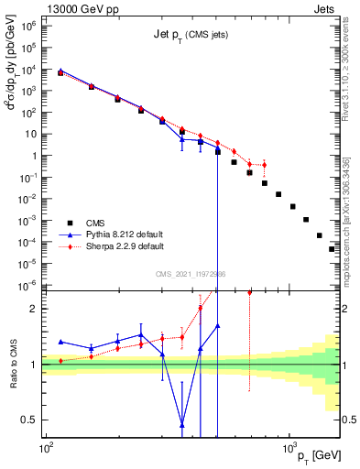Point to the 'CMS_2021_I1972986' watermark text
191,274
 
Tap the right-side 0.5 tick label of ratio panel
349,420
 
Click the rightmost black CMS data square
333,248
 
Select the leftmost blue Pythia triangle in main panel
60,71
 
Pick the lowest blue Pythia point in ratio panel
182,424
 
